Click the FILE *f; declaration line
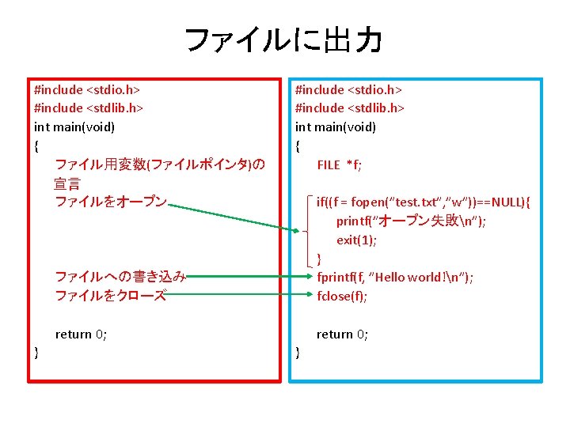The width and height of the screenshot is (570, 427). click(x=339, y=164)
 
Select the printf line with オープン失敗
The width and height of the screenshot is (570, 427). click(x=411, y=221)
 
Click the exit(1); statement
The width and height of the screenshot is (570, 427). click(x=356, y=240)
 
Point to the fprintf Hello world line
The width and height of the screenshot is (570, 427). click(x=395, y=277)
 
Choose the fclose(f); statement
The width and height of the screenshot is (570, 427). click(x=342, y=296)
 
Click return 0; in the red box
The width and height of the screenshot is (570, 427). click(x=81, y=334)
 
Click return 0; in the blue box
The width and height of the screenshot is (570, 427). click(x=342, y=334)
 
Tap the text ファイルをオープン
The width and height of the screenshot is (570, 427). click(x=111, y=202)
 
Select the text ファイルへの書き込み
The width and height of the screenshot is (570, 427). click(x=120, y=277)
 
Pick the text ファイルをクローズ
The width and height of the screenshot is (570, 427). click(x=111, y=296)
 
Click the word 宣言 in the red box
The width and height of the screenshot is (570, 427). click(x=66, y=183)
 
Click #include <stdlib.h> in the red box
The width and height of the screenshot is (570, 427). click(x=89, y=108)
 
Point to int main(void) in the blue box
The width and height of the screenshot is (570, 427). click(x=336, y=127)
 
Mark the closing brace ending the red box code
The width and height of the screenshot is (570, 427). click(x=36, y=353)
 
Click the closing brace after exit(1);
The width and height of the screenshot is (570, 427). click(x=319, y=259)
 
